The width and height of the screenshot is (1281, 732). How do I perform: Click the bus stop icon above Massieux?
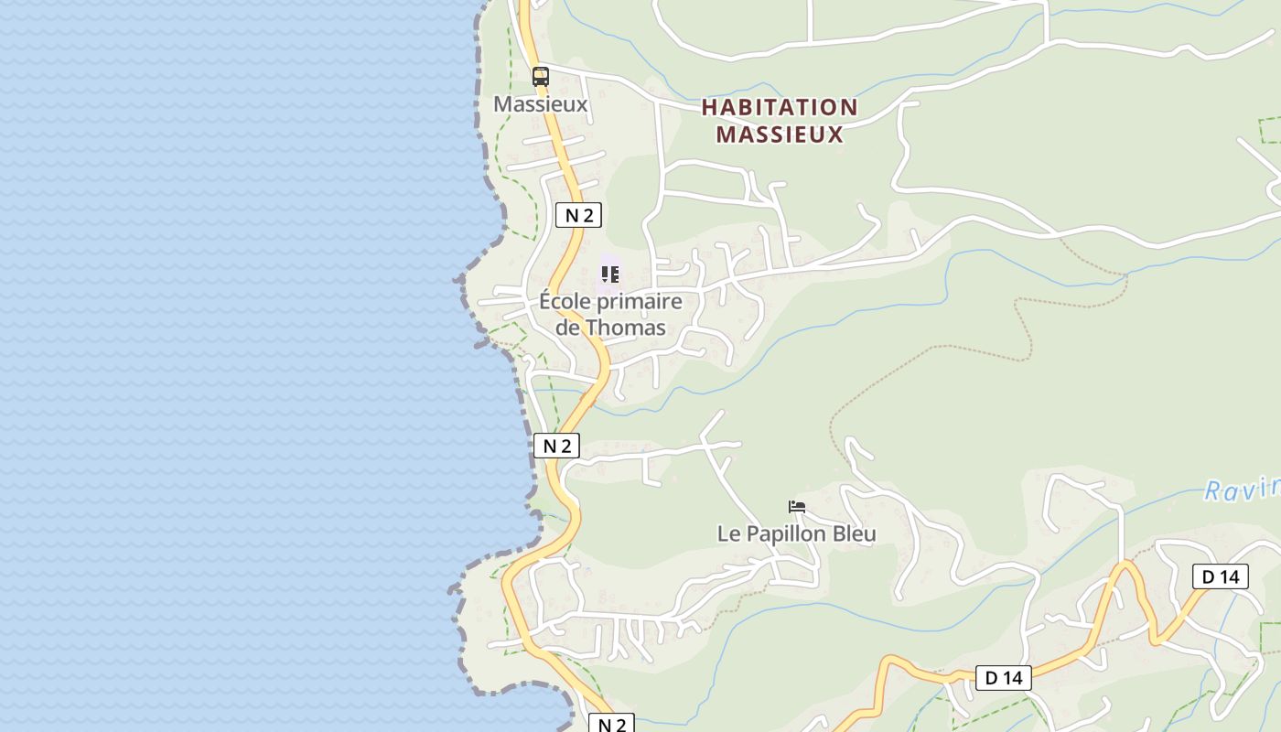[x=541, y=77]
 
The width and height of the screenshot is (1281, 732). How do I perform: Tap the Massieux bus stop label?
[x=540, y=104]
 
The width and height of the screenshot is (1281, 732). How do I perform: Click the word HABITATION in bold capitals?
[x=780, y=108]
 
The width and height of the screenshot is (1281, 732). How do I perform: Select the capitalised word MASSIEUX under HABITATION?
[x=779, y=135]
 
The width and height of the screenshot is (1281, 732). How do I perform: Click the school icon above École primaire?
[x=610, y=274]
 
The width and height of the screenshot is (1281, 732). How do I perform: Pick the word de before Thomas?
[x=568, y=328]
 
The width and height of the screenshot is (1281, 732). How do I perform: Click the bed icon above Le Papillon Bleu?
[x=797, y=507]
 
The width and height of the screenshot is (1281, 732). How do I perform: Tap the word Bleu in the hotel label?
[x=855, y=533]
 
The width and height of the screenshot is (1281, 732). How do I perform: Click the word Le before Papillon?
[x=727, y=533]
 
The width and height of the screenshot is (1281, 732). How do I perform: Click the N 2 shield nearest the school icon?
[x=578, y=215]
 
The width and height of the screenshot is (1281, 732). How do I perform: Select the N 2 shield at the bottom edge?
[x=610, y=724]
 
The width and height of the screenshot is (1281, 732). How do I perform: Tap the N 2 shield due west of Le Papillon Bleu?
[x=556, y=446]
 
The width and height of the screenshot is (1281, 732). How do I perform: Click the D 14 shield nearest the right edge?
[x=1220, y=576]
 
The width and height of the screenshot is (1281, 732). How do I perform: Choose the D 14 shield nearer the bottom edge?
[x=1003, y=678]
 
